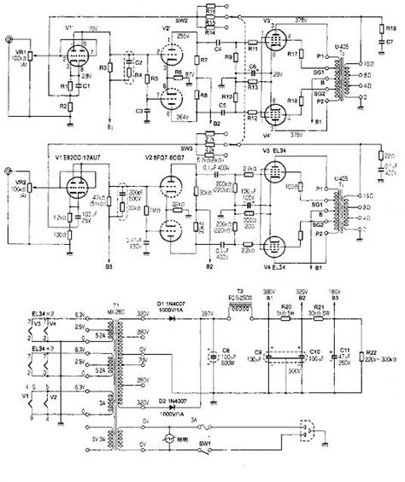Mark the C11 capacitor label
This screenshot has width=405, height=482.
pyautogui.click(x=345, y=351)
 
